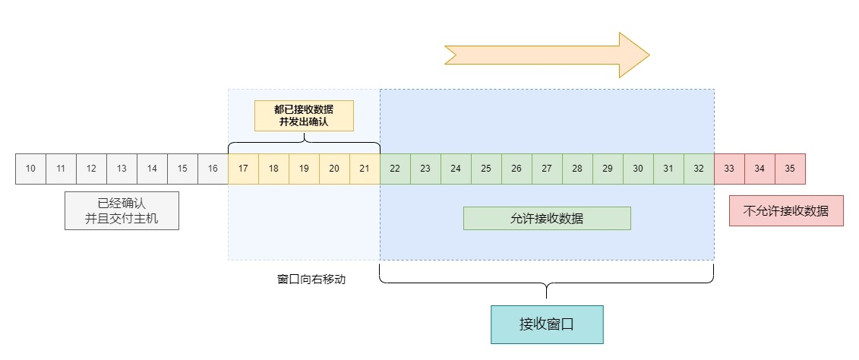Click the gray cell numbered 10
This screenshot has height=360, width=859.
30,169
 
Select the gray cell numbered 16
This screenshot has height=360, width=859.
213,169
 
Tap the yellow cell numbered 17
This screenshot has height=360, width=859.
243,169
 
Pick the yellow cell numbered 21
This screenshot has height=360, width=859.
365,169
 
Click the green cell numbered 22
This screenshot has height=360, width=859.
395,169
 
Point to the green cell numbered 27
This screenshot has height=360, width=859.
547,169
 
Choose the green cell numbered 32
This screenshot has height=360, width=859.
699,169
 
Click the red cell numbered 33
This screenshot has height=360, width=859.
729,169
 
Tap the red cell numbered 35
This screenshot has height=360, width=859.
790,169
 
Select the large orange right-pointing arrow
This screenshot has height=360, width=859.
547,55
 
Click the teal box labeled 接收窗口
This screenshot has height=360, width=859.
547,324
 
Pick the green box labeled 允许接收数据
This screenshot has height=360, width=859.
547,218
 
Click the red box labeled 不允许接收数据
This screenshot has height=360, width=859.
785,211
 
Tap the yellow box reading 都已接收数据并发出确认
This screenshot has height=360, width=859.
304,115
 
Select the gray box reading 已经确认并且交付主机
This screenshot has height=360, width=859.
122,210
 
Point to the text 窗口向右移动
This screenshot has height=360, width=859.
311,279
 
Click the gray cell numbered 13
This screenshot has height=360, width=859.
122,169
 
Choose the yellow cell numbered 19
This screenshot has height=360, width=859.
304,169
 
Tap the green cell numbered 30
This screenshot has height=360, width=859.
638,169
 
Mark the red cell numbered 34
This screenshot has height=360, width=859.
760,169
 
